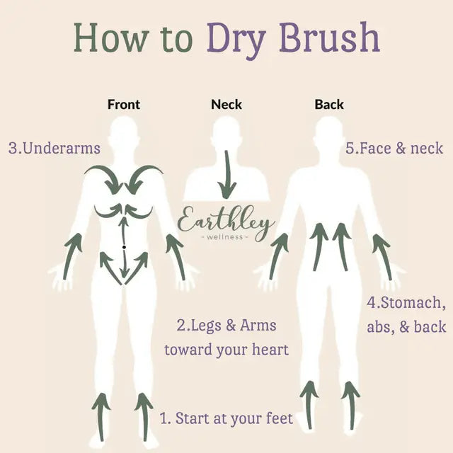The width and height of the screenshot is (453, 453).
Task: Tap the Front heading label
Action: [x=124, y=104]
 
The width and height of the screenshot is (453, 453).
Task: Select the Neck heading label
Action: [x=226, y=104]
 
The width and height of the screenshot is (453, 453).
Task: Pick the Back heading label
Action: [x=329, y=104]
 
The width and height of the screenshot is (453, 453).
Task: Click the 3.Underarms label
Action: [x=55, y=149]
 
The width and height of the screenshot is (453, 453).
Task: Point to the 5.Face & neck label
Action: [x=394, y=149]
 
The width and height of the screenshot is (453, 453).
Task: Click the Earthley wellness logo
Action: [x=226, y=223]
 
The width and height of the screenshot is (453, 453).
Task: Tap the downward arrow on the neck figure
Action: [x=226, y=177]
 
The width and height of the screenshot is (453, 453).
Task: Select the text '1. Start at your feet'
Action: [x=226, y=418]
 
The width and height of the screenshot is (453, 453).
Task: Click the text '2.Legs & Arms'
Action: [x=226, y=326]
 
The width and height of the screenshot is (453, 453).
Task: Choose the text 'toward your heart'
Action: [x=226, y=350]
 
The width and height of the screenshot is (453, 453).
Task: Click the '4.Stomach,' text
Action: [x=406, y=303]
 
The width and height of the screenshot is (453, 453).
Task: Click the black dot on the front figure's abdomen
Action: [x=124, y=246]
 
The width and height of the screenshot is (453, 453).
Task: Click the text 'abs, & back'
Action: [x=406, y=326]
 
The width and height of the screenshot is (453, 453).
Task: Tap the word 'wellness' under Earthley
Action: [x=226, y=237]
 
